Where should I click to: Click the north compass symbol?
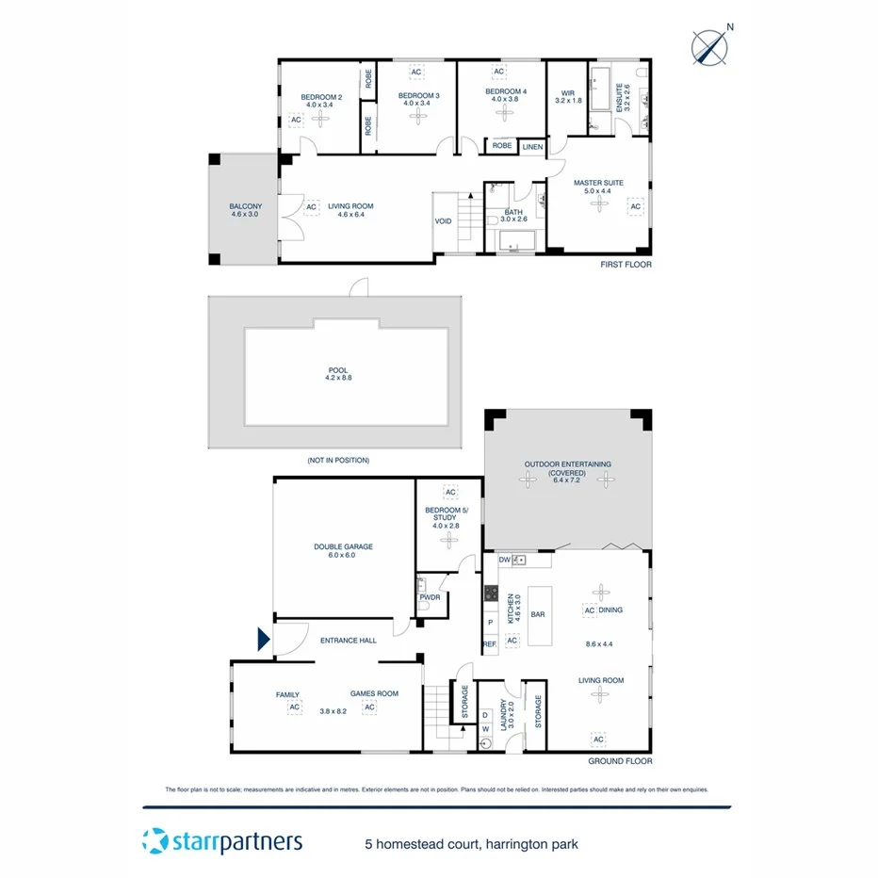tap(709, 47)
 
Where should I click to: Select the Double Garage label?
tap(344, 551)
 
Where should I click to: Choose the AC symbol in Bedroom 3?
tap(416, 73)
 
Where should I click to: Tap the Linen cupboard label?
tap(532, 146)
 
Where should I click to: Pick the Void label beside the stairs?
tap(443, 221)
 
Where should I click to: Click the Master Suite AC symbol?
tap(636, 206)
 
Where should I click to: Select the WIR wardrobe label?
tap(568, 95)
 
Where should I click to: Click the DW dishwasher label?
tap(504, 560)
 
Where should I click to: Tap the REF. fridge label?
tap(490, 644)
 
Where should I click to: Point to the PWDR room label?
tap(430, 597)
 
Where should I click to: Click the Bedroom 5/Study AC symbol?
tap(450, 493)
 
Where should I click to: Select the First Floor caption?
tap(626, 265)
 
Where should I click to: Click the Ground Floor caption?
tap(619, 761)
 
